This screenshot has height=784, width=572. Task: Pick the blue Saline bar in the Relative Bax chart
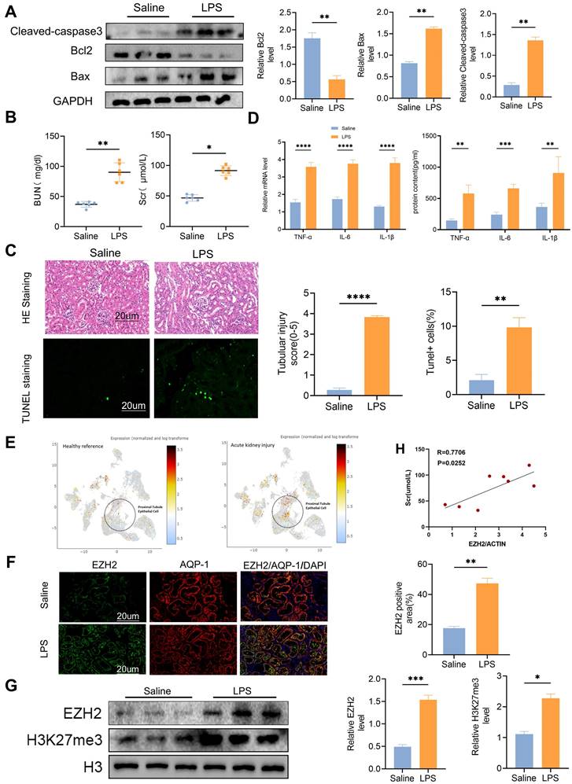click(x=408, y=82)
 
